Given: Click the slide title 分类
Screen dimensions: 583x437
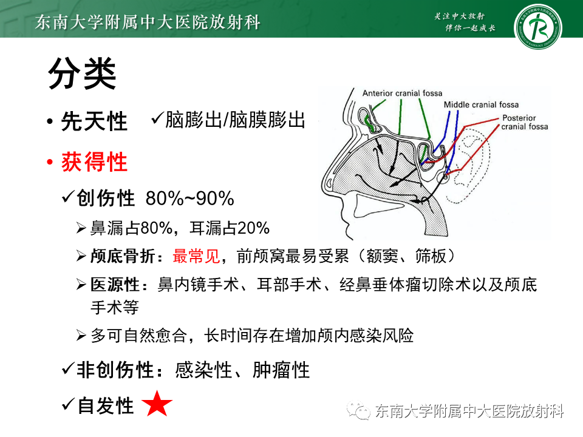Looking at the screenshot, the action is (x=82, y=73).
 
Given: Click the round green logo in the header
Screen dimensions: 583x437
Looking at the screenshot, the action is (x=537, y=27).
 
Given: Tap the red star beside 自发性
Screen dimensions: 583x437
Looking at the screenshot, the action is (x=157, y=404).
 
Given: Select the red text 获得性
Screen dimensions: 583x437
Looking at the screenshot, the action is (x=95, y=162).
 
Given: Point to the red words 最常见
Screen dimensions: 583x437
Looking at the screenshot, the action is (x=196, y=256).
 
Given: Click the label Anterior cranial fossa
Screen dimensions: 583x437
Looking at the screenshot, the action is (x=402, y=93).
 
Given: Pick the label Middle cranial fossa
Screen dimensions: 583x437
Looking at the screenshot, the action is (x=481, y=105).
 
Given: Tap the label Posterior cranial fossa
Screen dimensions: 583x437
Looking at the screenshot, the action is (x=524, y=122).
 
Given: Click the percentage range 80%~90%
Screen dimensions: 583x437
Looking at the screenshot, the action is (x=189, y=198).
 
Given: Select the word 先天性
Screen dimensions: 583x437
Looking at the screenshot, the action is (x=95, y=121).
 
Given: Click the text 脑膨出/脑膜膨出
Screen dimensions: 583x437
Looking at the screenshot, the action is (x=235, y=120).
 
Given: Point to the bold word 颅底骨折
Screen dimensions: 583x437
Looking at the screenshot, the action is (x=122, y=256).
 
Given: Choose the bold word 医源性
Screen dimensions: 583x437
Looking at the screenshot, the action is (x=115, y=285).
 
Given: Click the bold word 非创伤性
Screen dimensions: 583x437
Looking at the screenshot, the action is (x=115, y=370).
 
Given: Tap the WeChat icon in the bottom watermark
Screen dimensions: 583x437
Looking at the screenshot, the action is (x=358, y=410).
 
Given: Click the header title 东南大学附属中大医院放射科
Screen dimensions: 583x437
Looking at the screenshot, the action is (x=148, y=22).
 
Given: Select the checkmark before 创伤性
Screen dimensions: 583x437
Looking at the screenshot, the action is (x=68, y=196).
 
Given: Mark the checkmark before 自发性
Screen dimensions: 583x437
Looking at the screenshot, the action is (x=68, y=404).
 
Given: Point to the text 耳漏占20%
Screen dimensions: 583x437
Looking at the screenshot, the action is (x=230, y=228).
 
